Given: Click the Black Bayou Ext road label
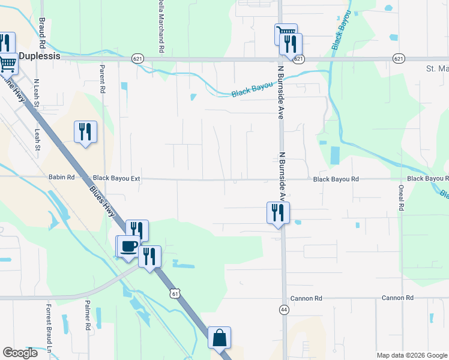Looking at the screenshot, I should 116,178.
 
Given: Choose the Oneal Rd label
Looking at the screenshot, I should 402,197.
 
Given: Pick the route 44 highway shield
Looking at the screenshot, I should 283,309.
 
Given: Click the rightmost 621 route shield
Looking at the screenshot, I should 399,59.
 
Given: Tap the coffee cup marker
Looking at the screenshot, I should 128,246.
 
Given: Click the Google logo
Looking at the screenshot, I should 20,353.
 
